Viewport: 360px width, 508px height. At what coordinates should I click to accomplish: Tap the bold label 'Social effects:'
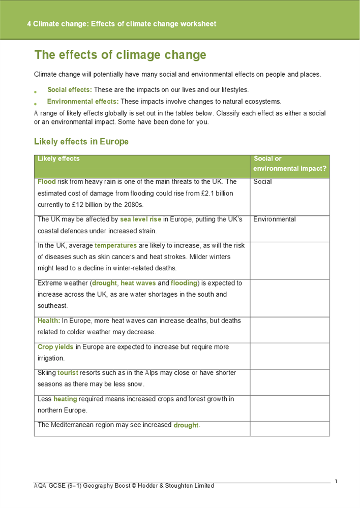[x=70, y=89]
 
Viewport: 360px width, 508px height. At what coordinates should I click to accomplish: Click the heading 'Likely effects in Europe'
[x=81, y=142]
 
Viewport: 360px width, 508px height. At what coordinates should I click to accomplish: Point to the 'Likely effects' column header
[x=59, y=159]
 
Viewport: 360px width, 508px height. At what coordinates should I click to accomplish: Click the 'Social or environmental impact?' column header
[x=289, y=164]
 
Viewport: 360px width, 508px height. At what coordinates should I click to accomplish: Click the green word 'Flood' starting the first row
[x=46, y=181]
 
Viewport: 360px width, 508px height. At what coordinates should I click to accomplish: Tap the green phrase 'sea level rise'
[x=140, y=219]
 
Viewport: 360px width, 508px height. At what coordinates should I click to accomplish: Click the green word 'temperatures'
[x=115, y=245]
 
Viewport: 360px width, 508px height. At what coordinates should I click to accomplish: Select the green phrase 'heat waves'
[x=138, y=283]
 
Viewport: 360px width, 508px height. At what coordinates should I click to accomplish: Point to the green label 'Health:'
[x=49, y=321]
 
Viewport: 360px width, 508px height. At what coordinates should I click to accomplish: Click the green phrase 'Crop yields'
[x=55, y=347]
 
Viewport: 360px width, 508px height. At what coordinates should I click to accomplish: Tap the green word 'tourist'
[x=68, y=373]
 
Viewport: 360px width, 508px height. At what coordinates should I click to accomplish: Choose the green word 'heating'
[x=65, y=399]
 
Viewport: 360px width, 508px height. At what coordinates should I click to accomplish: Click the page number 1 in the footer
[x=336, y=481]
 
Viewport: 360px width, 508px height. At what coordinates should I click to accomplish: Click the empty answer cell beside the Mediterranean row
[x=289, y=428]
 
